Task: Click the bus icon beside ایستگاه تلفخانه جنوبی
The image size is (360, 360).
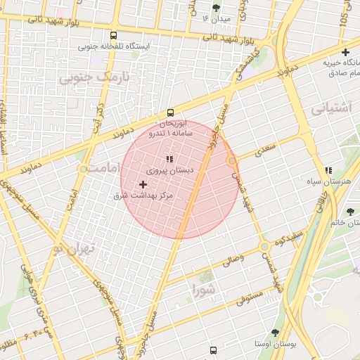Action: [114, 35]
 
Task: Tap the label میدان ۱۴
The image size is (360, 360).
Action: [215, 18]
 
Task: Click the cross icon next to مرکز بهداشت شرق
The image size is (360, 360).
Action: [143, 184]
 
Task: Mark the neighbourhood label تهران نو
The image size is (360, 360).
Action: [77, 250]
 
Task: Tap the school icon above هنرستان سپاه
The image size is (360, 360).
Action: [328, 170]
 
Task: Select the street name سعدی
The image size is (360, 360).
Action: [266, 149]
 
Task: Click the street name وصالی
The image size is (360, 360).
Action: [234, 259]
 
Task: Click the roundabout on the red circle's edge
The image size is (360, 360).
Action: [232, 162]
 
